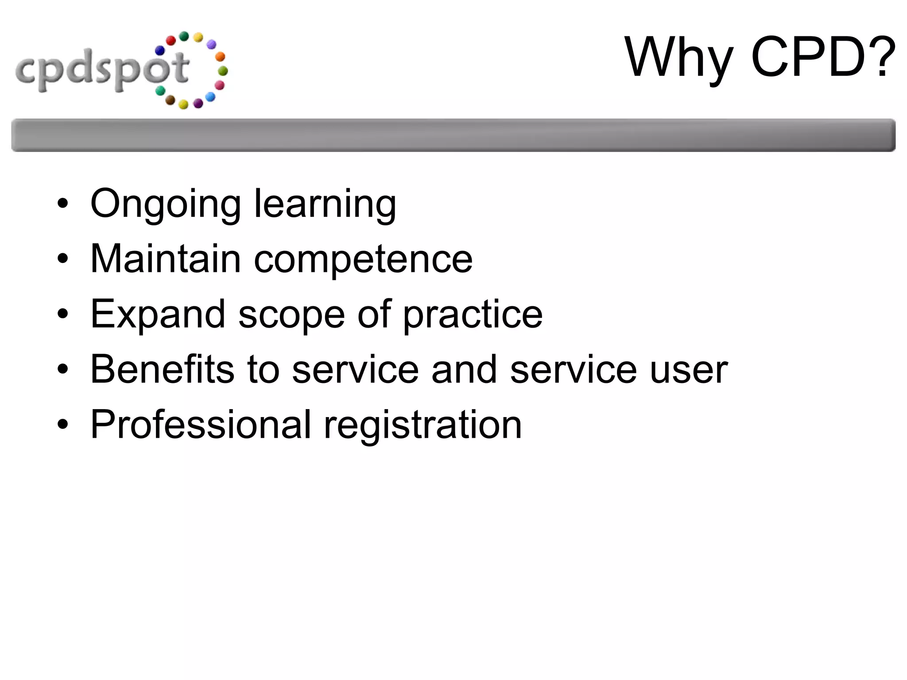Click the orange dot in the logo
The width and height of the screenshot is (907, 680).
click(220, 57)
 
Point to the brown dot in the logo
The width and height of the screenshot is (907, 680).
click(170, 100)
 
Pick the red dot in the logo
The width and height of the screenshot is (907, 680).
click(171, 41)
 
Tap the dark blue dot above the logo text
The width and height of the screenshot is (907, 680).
click(160, 51)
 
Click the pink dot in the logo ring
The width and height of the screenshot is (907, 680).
click(220, 85)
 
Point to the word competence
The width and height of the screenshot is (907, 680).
click(363, 259)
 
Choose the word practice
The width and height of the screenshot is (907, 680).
click(473, 314)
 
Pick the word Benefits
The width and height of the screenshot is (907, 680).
click(162, 369)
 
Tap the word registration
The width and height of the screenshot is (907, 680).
click(423, 425)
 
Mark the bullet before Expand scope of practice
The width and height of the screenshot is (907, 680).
click(63, 314)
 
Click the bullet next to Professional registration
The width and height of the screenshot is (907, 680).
click(63, 425)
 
